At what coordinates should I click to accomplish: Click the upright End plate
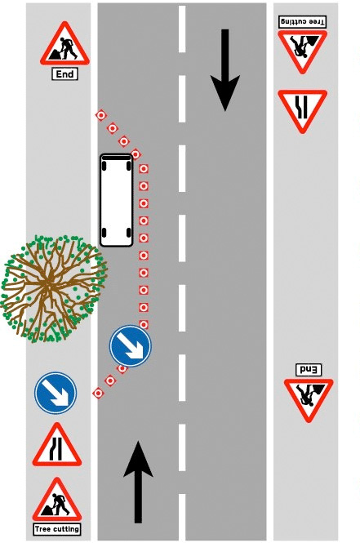pyautogui.click(x=64, y=74)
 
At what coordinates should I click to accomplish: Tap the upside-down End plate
pyautogui.click(x=309, y=370)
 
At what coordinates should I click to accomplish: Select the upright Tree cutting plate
pyautogui.click(x=57, y=529)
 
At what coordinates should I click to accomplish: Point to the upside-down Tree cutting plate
pyautogui.click(x=302, y=22)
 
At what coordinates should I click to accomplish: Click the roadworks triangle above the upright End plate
pyautogui.click(x=64, y=44)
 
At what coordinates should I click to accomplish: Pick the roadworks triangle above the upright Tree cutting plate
pyautogui.click(x=57, y=500)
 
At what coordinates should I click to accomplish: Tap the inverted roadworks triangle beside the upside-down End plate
pyautogui.click(x=309, y=400)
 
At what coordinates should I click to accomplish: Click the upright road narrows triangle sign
pyautogui.click(x=57, y=445)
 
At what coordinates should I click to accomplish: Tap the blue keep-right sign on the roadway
pyautogui.click(x=130, y=345)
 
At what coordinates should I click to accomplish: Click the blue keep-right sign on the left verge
pyautogui.click(x=56, y=393)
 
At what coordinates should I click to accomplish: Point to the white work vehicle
pyautogui.click(x=116, y=200)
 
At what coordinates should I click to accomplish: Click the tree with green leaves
pyautogui.click(x=52, y=288)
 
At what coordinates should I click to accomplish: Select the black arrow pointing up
pyautogui.click(x=138, y=482)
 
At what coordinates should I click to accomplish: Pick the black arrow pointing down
pyautogui.click(x=225, y=70)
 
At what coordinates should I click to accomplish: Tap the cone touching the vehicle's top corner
pyautogui.click(x=136, y=154)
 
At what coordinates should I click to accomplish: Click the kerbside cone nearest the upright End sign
pyautogui.click(x=100, y=115)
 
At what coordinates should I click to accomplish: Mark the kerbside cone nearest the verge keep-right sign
pyautogui.click(x=98, y=393)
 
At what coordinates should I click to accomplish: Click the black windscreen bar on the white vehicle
pyautogui.click(x=116, y=158)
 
